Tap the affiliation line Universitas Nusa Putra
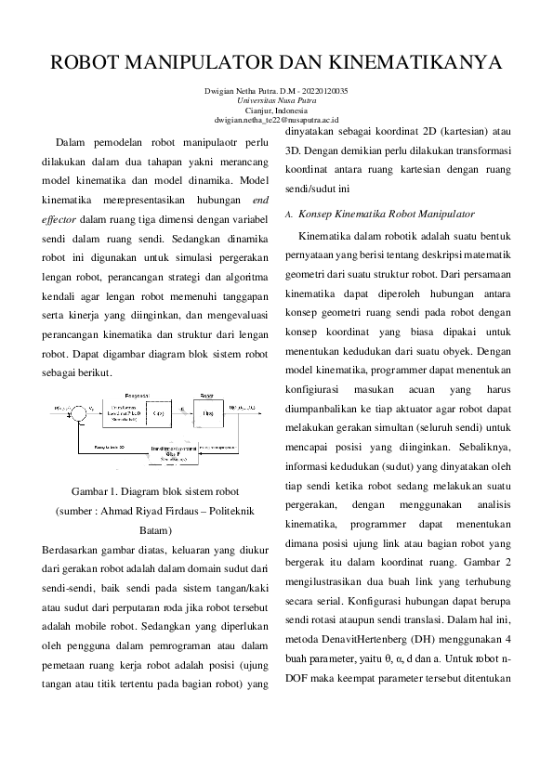(x=276, y=100)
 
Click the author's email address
(x=276, y=120)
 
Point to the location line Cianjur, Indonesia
(x=276, y=110)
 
